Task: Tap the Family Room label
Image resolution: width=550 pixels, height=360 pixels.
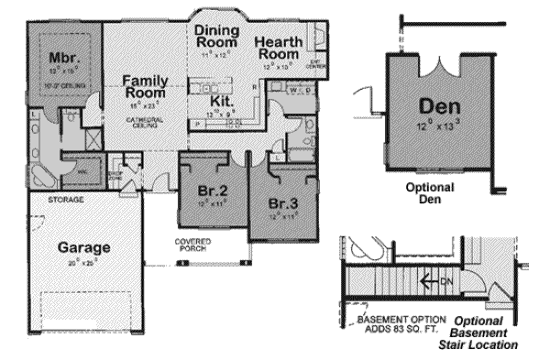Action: point(145,87)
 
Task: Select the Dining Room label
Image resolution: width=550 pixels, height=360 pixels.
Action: point(218,36)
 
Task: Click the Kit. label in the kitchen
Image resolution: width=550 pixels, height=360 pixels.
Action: point(220,100)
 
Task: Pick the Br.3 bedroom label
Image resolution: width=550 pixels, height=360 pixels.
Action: point(281,202)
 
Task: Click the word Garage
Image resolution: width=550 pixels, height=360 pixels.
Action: point(84,247)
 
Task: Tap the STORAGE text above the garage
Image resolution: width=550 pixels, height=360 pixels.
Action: point(67,199)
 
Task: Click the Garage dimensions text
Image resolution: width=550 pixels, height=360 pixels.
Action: point(84,263)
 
